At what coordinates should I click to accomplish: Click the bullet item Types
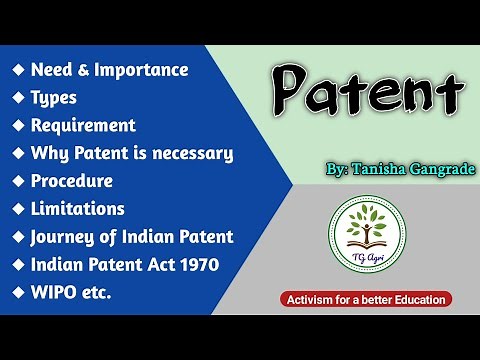tap(54, 98)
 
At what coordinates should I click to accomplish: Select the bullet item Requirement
tap(83, 126)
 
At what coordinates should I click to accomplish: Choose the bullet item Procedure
tap(72, 181)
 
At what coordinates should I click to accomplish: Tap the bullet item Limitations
tap(78, 209)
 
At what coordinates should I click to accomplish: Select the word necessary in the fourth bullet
tap(196, 153)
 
